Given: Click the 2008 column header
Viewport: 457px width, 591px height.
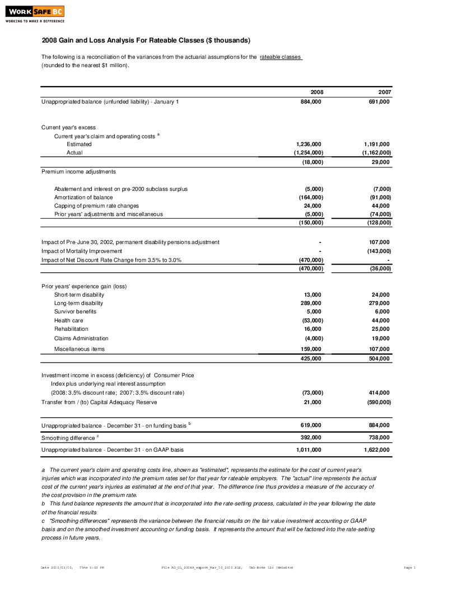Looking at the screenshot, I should (316, 92).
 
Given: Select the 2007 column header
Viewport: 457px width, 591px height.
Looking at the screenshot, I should (385, 92).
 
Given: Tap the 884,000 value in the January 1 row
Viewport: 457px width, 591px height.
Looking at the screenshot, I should (311, 102).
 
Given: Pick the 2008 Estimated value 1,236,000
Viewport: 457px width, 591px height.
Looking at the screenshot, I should (309, 144).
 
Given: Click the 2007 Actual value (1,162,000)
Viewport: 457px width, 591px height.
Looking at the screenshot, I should (376, 152).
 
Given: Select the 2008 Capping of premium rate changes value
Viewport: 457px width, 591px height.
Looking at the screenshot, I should (313, 205).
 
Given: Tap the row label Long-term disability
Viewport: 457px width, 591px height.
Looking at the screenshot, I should (78, 303).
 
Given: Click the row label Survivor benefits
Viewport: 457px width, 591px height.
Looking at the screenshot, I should (75, 312).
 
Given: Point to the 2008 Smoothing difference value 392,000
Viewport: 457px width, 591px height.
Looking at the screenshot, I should (311, 438).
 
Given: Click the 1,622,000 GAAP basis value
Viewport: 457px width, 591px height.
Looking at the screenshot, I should (376, 449).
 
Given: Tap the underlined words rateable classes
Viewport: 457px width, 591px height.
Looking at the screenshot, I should (281, 57).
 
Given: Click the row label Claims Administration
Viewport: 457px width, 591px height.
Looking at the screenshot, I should (81, 339).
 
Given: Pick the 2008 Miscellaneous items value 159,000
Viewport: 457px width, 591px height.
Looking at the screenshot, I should (311, 349).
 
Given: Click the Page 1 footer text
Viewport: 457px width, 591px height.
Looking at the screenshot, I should (409, 567).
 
